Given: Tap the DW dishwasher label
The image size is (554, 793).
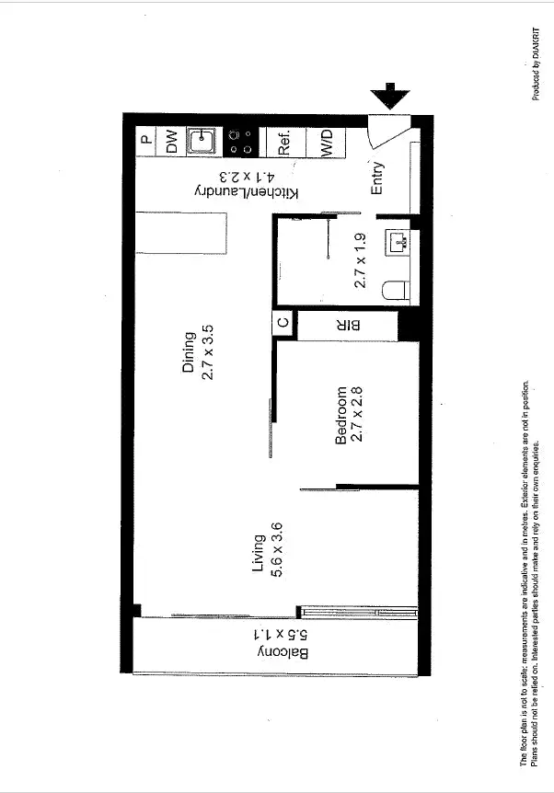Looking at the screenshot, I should click(x=170, y=141).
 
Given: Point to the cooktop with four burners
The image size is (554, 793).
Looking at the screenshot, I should click(x=241, y=141).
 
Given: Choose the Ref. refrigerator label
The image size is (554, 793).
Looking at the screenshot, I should click(x=284, y=141).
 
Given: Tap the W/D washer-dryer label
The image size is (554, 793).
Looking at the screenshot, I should click(x=326, y=142).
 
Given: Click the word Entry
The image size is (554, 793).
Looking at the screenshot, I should click(x=377, y=178).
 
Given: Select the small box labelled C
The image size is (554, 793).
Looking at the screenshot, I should click(x=284, y=324).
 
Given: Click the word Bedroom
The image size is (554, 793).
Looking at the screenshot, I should click(x=341, y=415).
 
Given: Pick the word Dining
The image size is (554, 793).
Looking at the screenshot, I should click(x=190, y=352).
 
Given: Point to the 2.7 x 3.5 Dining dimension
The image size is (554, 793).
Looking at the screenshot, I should click(x=208, y=352).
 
